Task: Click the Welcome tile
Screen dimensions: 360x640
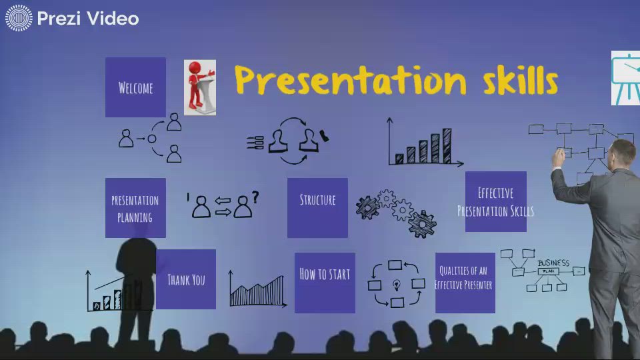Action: tap(135, 87)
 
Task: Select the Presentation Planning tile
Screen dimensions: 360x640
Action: tap(135, 208)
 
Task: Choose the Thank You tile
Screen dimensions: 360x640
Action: tap(186, 279)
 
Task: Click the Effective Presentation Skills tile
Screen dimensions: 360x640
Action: tap(495, 201)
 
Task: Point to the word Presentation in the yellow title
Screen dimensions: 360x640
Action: tap(350, 80)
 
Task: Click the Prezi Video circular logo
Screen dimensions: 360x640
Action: tap(19, 18)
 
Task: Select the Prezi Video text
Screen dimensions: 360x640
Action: tap(88, 19)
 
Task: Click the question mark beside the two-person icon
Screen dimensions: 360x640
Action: tap(255, 197)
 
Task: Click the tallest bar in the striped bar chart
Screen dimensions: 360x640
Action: tap(446, 145)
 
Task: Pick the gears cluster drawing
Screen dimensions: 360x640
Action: tap(395, 213)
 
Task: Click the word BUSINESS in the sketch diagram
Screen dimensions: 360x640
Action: tap(553, 263)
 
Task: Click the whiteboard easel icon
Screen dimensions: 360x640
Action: tap(626, 78)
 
